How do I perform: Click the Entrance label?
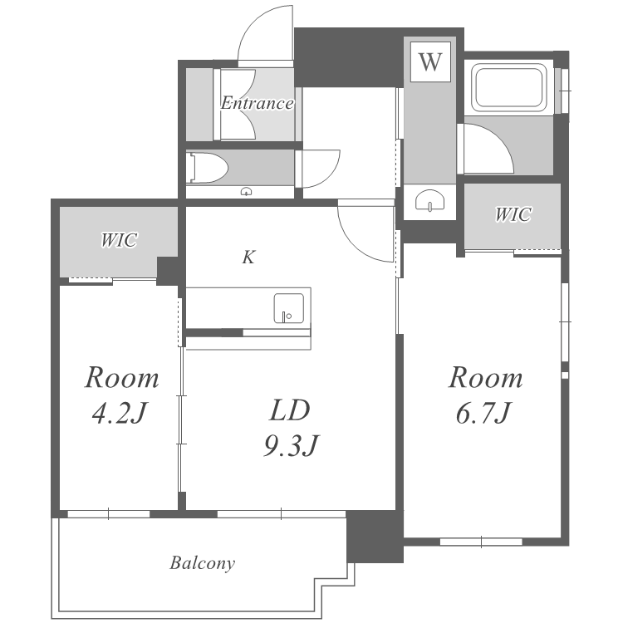[x=257, y=103]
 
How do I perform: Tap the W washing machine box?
[x=430, y=61]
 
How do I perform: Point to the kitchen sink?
[x=289, y=308]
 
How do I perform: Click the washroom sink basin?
[x=429, y=199]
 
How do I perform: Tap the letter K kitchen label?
[x=248, y=257]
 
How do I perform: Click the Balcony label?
[x=202, y=563]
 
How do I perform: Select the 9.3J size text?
[x=292, y=445]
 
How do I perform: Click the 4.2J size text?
[x=119, y=413]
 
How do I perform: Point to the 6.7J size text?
[x=483, y=413]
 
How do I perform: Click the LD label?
[x=290, y=411]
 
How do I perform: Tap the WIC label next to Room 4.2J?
[x=119, y=240]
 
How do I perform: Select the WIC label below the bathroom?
[x=513, y=214]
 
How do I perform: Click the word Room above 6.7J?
[x=486, y=377]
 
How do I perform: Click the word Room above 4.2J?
[x=122, y=377]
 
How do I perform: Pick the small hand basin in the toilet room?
[x=247, y=192]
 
